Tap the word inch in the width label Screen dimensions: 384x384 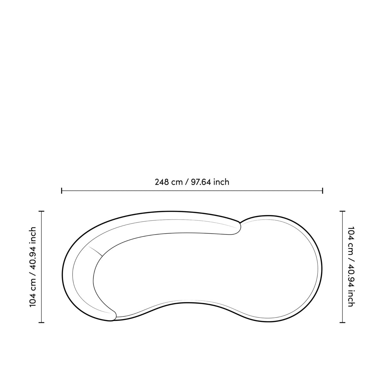pyautogui.click(x=221, y=182)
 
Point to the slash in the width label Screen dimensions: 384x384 pyautogui.click(x=187, y=182)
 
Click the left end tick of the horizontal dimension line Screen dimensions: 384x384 pyautogui.click(x=61, y=191)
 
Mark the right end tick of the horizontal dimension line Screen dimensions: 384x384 pyautogui.click(x=323, y=191)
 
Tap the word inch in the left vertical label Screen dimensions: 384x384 pyautogui.click(x=33, y=235)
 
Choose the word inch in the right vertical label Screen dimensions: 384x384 pyautogui.click(x=350, y=299)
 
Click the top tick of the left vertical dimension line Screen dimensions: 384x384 pyautogui.click(x=41, y=211)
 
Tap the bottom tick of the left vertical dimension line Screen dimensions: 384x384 pyautogui.click(x=41, y=323)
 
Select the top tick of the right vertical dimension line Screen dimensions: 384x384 pyautogui.click(x=342, y=211)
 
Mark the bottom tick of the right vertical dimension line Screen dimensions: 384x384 pyautogui.click(x=342, y=323)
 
